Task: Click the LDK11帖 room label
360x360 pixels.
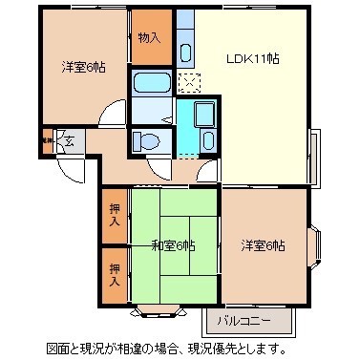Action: coord(252,58)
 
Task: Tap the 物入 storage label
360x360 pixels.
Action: coord(148,39)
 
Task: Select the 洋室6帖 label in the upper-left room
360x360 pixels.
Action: coord(83,67)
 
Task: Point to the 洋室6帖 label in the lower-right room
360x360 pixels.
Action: coord(264,245)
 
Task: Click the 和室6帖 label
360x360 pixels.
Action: coord(173,245)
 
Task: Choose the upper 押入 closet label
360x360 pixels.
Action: coord(114,214)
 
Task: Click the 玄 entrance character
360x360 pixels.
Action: coord(67,140)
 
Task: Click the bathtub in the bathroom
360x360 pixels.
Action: coord(152,83)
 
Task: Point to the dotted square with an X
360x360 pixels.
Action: coord(189,83)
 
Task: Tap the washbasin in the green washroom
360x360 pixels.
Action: coord(204,118)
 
